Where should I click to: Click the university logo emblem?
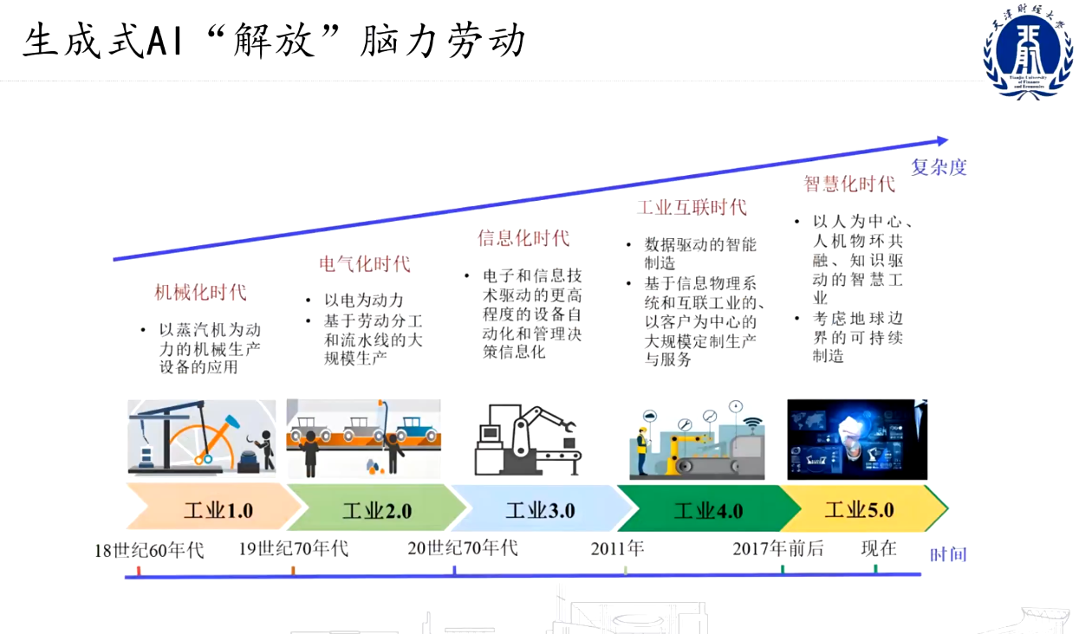1028,52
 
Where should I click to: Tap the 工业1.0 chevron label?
218,510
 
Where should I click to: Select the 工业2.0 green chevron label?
377,510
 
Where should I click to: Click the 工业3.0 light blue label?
540,510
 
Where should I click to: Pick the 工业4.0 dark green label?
708,510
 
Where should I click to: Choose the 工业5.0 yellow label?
860,509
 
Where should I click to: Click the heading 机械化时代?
200,292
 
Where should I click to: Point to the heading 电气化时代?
365,263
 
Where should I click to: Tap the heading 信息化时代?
523,238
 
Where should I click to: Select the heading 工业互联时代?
692,207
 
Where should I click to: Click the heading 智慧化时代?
849,184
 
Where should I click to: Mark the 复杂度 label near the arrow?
939,167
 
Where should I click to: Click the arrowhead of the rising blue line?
942,141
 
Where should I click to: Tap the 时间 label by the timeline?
948,554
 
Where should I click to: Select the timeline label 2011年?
618,548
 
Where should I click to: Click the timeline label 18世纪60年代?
149,550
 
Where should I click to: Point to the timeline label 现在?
879,548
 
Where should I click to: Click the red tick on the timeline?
139,571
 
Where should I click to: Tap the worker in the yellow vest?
641,451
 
